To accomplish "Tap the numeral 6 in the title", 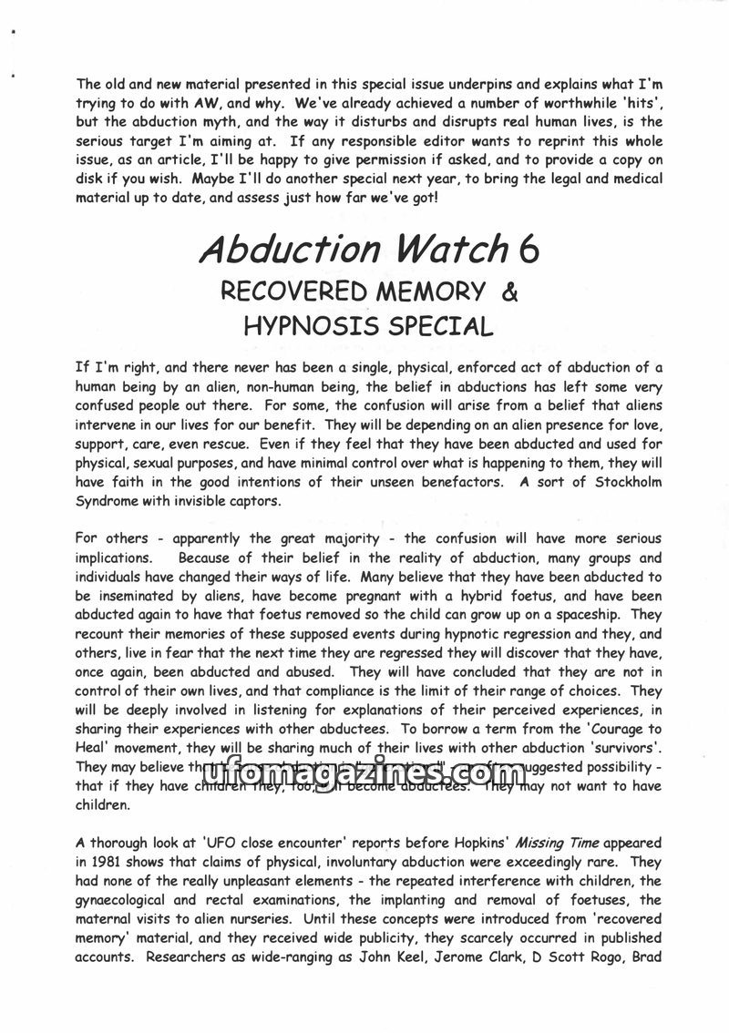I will click(526, 249).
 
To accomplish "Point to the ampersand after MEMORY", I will click(509, 291).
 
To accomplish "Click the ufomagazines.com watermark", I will click(364, 774).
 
